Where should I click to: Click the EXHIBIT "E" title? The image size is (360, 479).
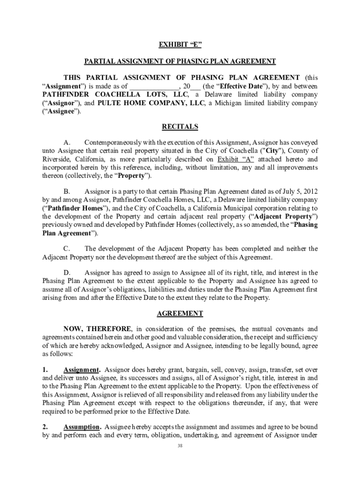coord(180,45)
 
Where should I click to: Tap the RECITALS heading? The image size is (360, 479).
coord(180,127)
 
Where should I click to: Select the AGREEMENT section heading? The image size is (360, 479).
coord(180,313)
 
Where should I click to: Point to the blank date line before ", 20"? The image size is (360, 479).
coord(154,87)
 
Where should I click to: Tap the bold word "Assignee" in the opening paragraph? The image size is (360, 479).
coord(61,111)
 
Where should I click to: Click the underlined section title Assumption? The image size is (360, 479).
coord(82,427)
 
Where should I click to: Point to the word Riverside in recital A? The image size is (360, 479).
coord(57,159)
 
